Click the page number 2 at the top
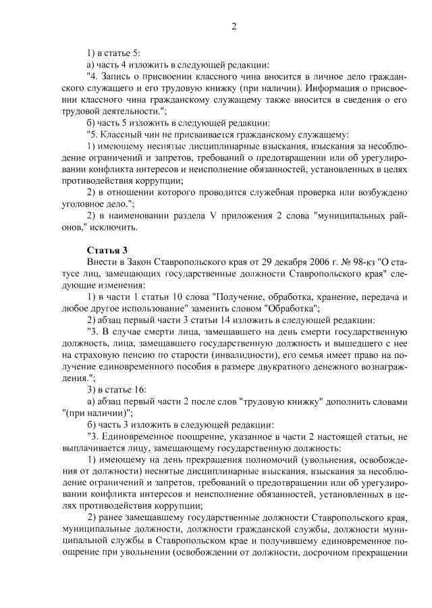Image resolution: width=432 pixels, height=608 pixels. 234,27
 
